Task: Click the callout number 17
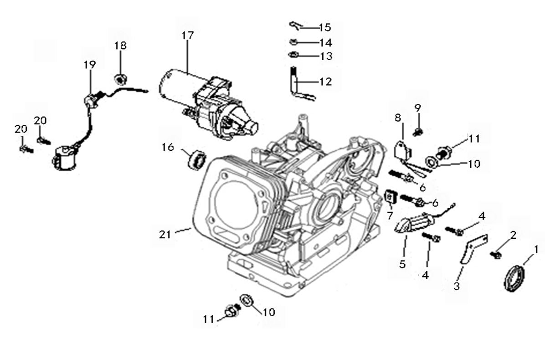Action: (187, 35)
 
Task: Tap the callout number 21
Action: (165, 234)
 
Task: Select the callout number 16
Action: (168, 147)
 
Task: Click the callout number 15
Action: (338, 27)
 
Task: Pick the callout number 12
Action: (339, 82)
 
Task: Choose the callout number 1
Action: (536, 249)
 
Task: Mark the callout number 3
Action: (457, 286)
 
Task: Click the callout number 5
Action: (402, 263)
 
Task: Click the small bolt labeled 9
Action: (417, 132)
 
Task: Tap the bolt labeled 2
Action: (496, 254)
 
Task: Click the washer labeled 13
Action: (293, 56)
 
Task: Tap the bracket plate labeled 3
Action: (471, 248)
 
